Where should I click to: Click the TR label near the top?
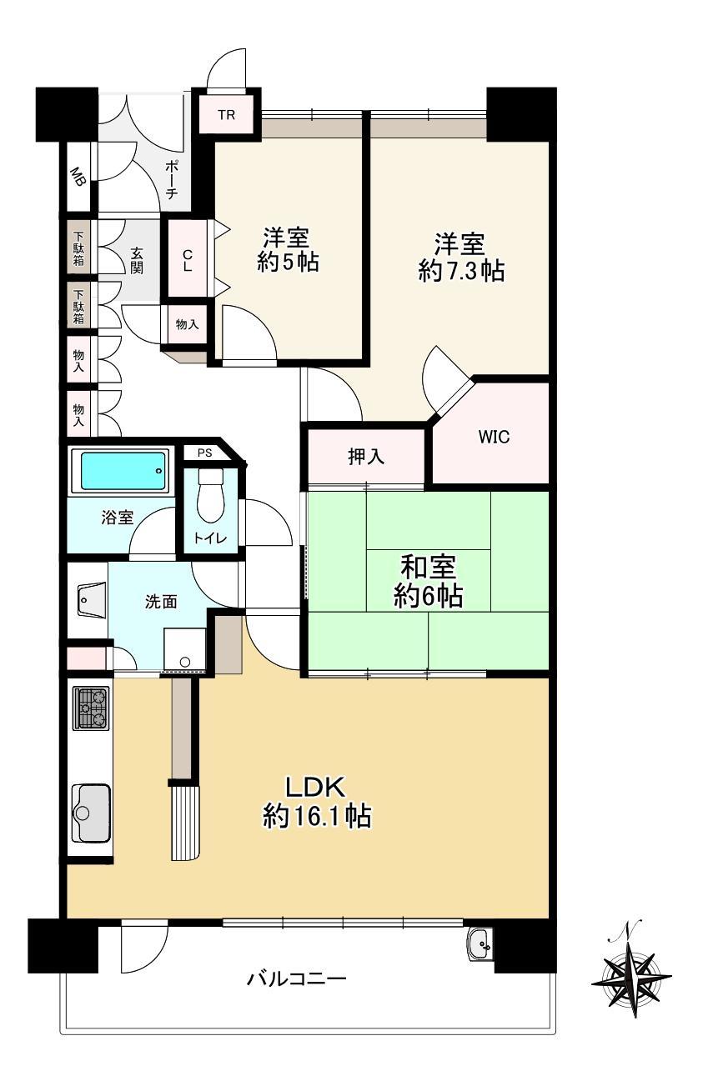click(x=226, y=115)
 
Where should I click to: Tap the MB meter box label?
click(x=78, y=177)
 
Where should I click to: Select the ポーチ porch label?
click(x=172, y=179)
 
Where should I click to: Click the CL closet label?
click(x=188, y=260)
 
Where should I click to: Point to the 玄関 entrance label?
click(x=137, y=261)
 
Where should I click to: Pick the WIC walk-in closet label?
click(x=494, y=437)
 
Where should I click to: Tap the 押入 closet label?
click(x=366, y=457)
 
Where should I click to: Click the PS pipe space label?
click(x=205, y=453)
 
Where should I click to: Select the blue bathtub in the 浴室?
click(x=123, y=471)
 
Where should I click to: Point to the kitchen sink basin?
click(x=91, y=813)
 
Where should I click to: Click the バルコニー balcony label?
click(x=297, y=978)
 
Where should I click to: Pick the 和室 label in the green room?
click(x=429, y=567)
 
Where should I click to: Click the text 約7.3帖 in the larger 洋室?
click(x=461, y=270)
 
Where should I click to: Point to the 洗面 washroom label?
click(x=161, y=602)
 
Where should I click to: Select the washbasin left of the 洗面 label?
click(x=92, y=599)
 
